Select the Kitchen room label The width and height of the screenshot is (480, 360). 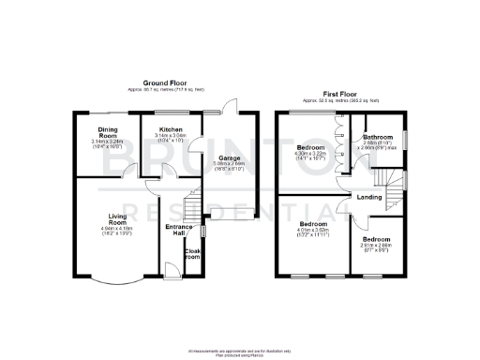(x=170, y=128)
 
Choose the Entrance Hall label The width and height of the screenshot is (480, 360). (x=178, y=230)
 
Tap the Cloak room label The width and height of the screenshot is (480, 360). (x=193, y=253)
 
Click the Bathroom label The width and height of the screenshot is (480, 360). (x=378, y=137)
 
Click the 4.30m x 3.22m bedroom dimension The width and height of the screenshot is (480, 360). (x=311, y=156)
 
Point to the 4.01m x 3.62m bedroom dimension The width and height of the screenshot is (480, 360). (x=313, y=232)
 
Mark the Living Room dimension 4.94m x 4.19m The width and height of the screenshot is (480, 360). (x=117, y=230)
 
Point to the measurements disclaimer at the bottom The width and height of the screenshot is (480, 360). (x=241, y=351)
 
